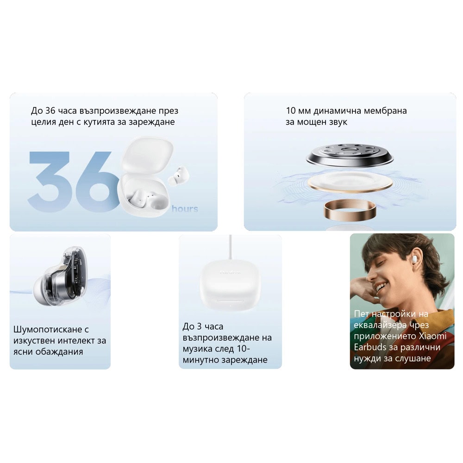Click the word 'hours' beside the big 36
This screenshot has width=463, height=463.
185,209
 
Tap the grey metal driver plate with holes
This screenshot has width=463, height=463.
350,155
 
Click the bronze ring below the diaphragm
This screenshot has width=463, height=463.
350,210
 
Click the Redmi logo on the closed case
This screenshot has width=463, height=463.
230,272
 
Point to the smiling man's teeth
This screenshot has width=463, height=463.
381,286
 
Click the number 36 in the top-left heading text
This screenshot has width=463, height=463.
50,111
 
